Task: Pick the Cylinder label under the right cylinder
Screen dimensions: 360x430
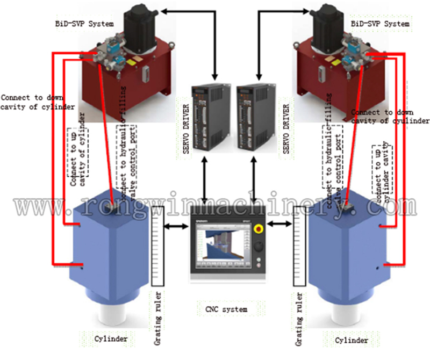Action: tap(352, 340)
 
